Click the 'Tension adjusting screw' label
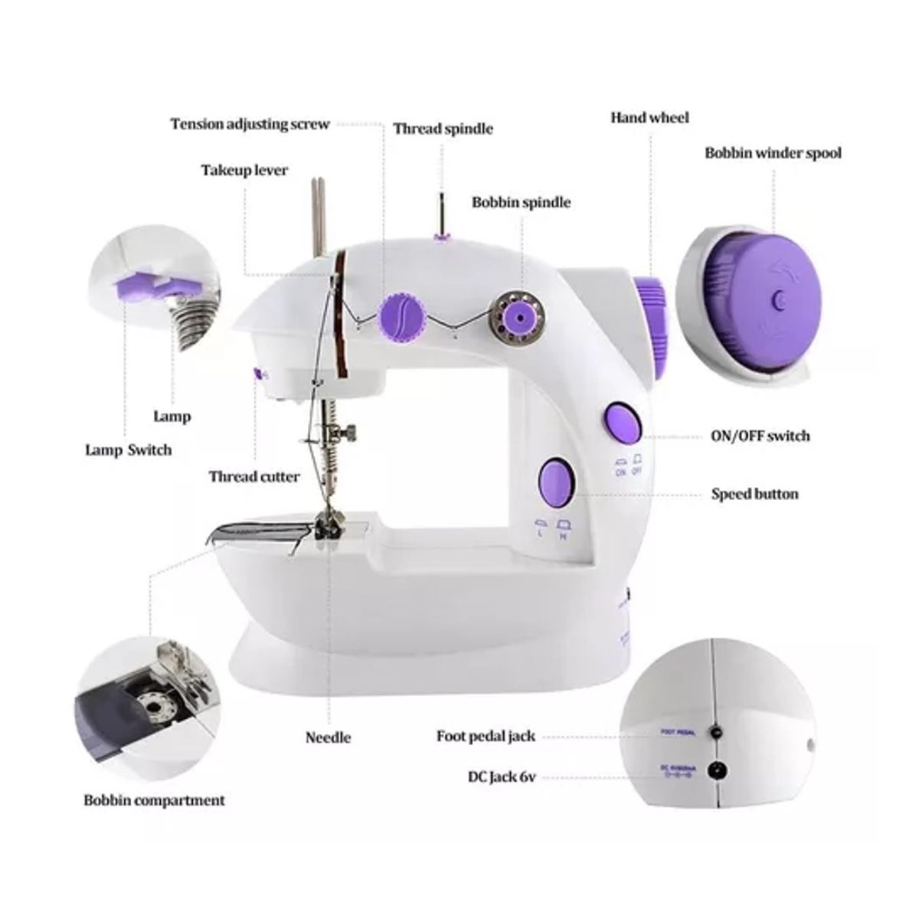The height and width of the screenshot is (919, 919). pos(250,124)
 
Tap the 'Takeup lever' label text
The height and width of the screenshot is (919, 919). pos(244,170)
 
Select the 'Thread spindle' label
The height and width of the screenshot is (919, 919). pos(443,129)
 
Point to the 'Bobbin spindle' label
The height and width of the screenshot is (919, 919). pos(520,202)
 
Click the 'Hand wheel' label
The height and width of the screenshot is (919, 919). pos(649,117)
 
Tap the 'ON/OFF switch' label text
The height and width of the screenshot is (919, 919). pos(760,436)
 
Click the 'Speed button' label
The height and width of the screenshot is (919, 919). pos(754,494)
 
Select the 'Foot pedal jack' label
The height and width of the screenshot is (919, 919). pos(486,736)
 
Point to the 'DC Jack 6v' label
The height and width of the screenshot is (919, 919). pos(501,777)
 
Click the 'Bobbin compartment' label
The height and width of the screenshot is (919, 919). pos(154,800)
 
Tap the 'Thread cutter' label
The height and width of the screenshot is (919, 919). pos(254,476)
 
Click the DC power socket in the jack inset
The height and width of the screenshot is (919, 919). pos(718,770)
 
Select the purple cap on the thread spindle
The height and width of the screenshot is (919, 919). pos(441,237)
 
